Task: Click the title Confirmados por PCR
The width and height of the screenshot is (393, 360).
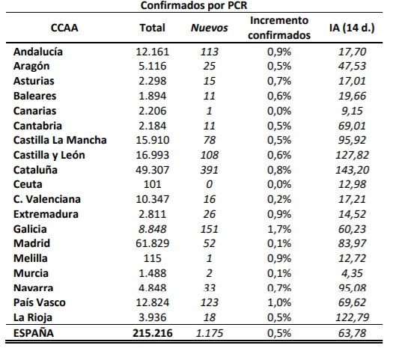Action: (194, 5)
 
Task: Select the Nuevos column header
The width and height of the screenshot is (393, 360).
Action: (210, 28)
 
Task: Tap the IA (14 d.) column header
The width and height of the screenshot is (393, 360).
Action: (352, 28)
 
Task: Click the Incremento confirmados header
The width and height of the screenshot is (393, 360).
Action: (279, 28)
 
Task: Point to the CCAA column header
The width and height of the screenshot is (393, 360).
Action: (64, 28)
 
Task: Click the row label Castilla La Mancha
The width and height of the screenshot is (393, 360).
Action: (60, 140)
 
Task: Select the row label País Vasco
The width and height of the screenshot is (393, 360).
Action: (40, 302)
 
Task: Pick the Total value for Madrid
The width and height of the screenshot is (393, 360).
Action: (153, 243)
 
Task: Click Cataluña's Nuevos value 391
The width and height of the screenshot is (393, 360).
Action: (210, 170)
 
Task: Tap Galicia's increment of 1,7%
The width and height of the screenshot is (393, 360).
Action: (279, 229)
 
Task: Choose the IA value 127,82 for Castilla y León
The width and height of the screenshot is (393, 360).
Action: (352, 155)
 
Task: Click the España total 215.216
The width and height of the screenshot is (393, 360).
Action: (153, 333)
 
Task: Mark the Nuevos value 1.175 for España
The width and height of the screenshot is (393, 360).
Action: (210, 333)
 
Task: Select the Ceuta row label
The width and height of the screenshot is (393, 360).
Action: (28, 184)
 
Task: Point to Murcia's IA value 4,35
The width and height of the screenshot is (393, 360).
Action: (352, 273)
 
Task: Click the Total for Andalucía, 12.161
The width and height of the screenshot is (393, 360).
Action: (153, 52)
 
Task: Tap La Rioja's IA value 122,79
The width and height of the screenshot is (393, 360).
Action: (352, 317)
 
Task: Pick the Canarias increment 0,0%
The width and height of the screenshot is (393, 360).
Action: (279, 111)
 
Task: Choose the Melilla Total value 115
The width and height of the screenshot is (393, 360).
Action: (153, 258)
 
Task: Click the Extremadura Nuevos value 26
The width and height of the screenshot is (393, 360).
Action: (210, 214)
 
